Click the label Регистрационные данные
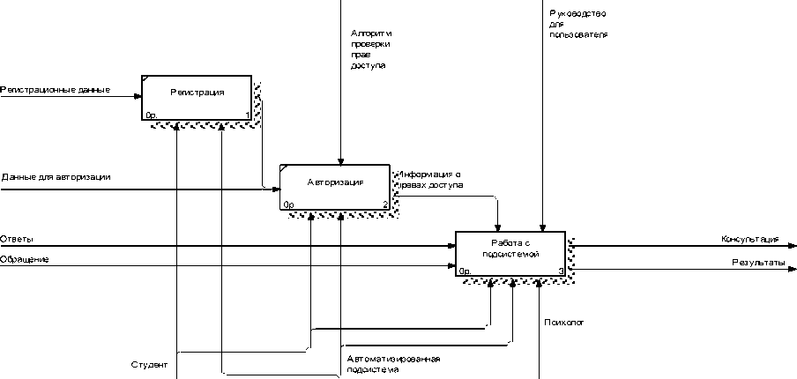(x=55, y=89)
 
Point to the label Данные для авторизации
(x=56, y=177)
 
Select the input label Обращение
(x=24, y=259)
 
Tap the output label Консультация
(x=749, y=238)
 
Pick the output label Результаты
(x=757, y=262)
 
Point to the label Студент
(x=148, y=364)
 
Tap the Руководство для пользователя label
(x=577, y=24)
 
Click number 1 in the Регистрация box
(x=247, y=115)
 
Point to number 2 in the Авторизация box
(x=385, y=205)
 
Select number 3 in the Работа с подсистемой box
(x=561, y=271)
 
